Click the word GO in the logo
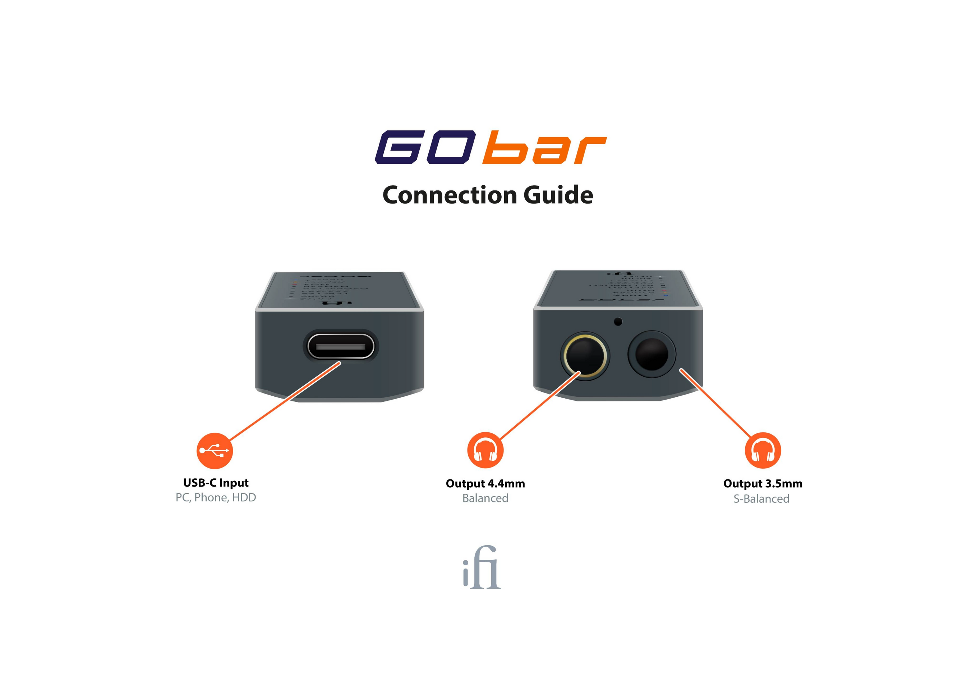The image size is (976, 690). click(425, 147)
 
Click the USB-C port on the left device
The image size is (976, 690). click(341, 346)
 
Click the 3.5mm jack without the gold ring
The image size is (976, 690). click(651, 354)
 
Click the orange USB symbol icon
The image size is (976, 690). click(215, 451)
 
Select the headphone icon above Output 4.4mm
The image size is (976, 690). click(485, 450)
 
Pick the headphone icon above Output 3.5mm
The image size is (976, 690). click(763, 450)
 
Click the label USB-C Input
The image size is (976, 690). click(216, 483)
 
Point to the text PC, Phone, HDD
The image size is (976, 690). click(216, 498)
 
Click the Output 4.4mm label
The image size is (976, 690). click(485, 484)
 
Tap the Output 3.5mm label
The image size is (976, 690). click(763, 484)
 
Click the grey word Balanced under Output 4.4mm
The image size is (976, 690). click(485, 498)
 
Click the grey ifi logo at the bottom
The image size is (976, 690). click(482, 567)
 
